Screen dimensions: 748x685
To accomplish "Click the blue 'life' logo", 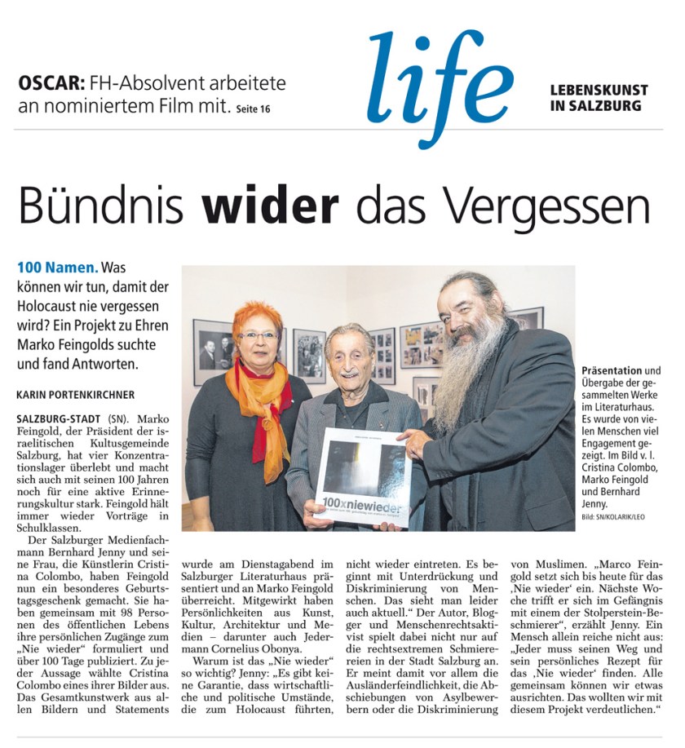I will pyautogui.click(x=440, y=82).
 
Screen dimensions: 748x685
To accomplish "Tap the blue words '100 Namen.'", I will pyautogui.click(x=57, y=268).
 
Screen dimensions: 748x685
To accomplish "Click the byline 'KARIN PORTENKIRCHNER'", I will pyautogui.click(x=74, y=394).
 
